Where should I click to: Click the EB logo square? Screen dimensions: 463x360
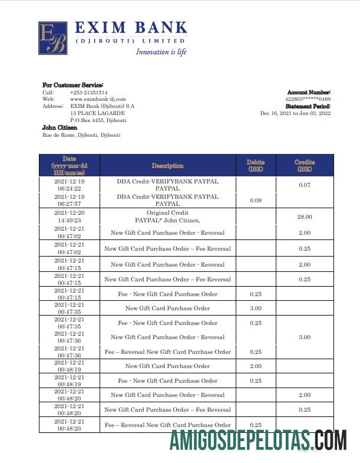tap(52, 38)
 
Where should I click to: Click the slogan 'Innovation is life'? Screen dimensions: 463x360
tap(161, 52)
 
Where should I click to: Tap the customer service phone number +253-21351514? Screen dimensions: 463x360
tap(88, 93)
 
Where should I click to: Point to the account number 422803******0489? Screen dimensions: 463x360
tap(308, 99)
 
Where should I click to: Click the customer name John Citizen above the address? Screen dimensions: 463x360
tap(60, 127)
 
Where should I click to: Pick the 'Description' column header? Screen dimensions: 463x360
tap(167, 166)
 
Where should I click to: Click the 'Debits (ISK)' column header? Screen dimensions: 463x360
tap(256, 165)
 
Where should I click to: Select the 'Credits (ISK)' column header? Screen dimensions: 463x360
tap(305, 165)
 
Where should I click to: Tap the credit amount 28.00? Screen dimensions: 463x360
tap(305, 217)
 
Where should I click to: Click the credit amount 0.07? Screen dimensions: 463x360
tap(305, 186)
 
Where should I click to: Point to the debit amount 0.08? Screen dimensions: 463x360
tap(256, 201)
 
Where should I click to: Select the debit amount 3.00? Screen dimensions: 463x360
tap(256, 308)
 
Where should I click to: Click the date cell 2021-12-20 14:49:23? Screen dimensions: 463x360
tap(70, 216)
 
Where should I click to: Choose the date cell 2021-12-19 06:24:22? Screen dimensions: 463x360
tap(70, 185)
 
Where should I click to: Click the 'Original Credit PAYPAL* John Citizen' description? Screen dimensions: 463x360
tap(167, 216)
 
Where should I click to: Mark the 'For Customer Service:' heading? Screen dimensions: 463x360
tap(72, 85)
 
